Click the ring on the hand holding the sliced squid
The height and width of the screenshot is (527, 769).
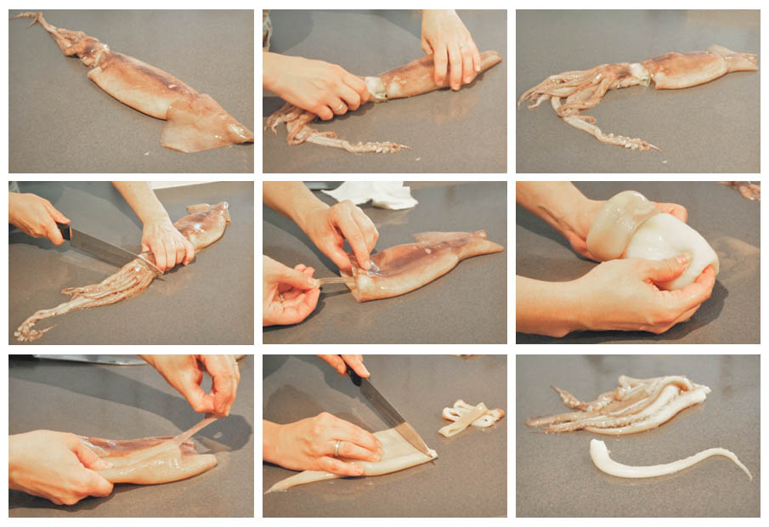point(337,447)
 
